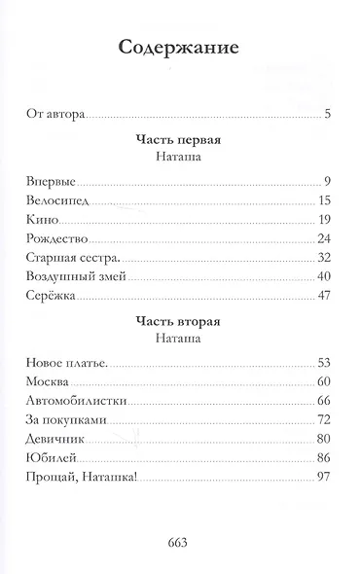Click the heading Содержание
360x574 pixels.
[180, 48]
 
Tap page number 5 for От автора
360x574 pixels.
[330, 115]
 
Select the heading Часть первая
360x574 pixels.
[180, 139]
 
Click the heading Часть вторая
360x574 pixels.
[180, 322]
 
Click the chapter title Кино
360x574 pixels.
[40, 219]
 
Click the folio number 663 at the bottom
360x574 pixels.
[180, 543]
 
